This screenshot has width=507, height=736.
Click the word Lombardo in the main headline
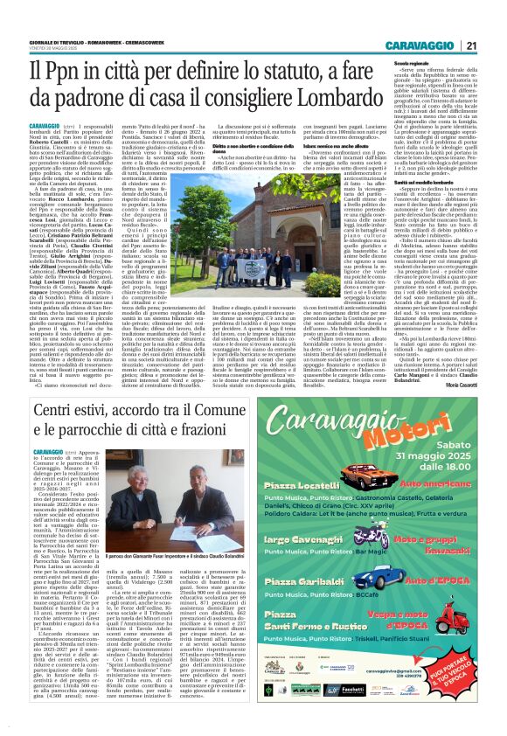coord(412,98)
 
